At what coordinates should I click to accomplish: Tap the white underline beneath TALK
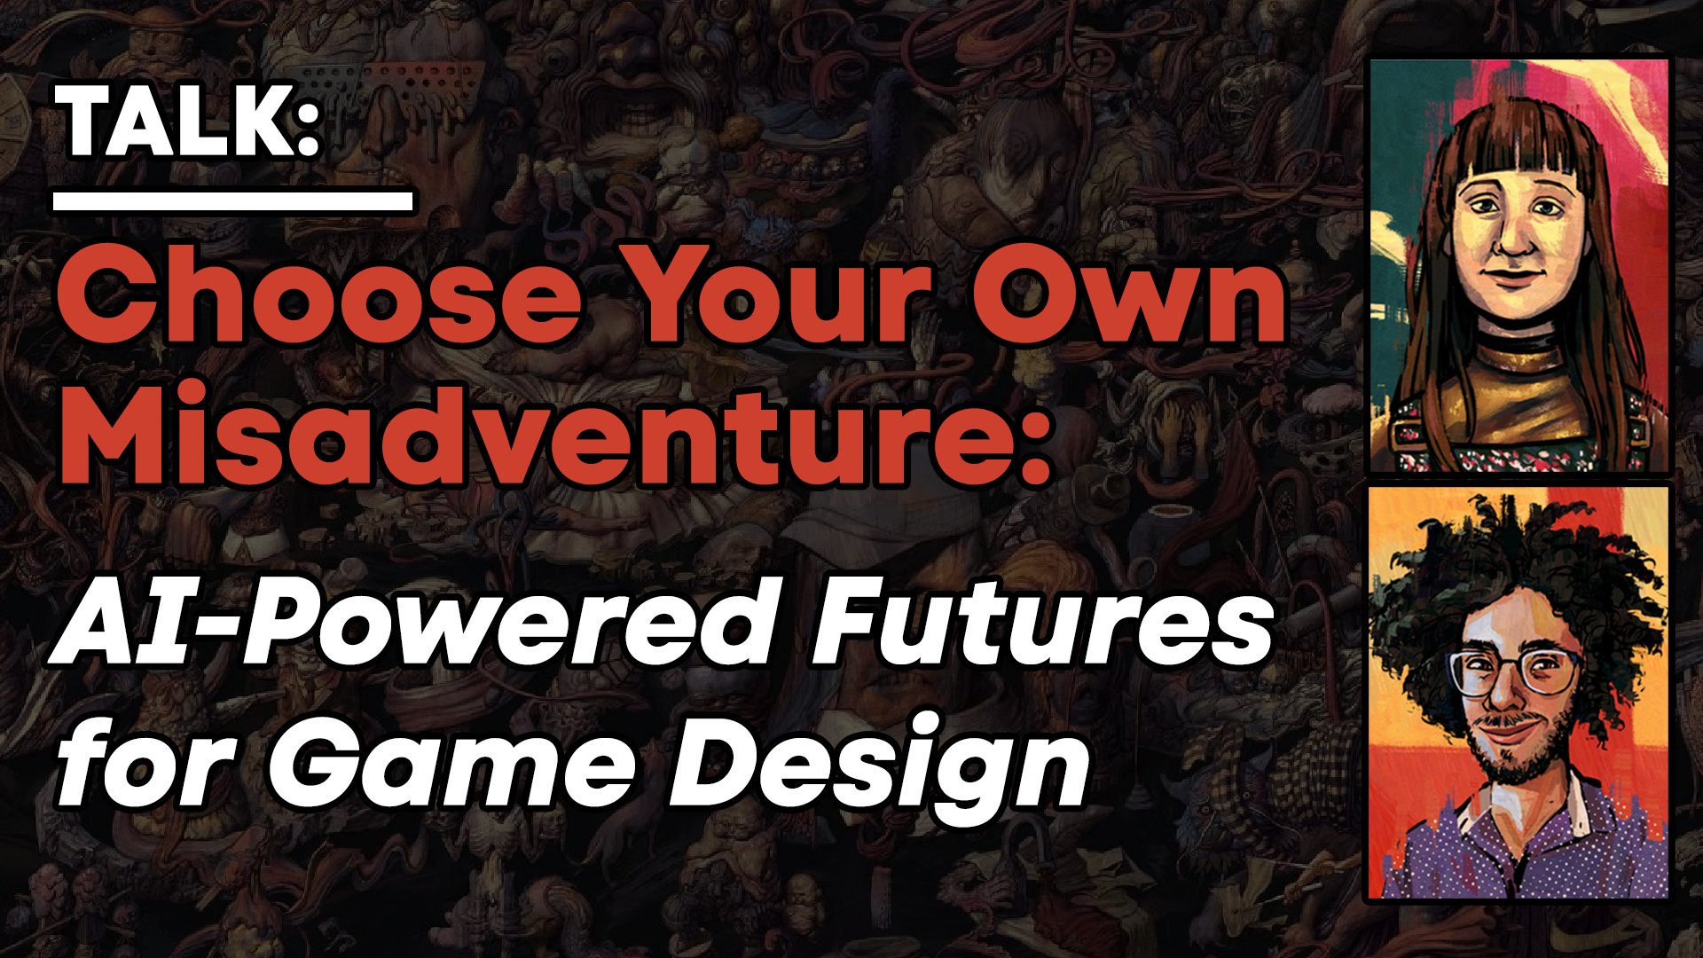(232, 201)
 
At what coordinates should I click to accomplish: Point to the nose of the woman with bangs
(1511, 235)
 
